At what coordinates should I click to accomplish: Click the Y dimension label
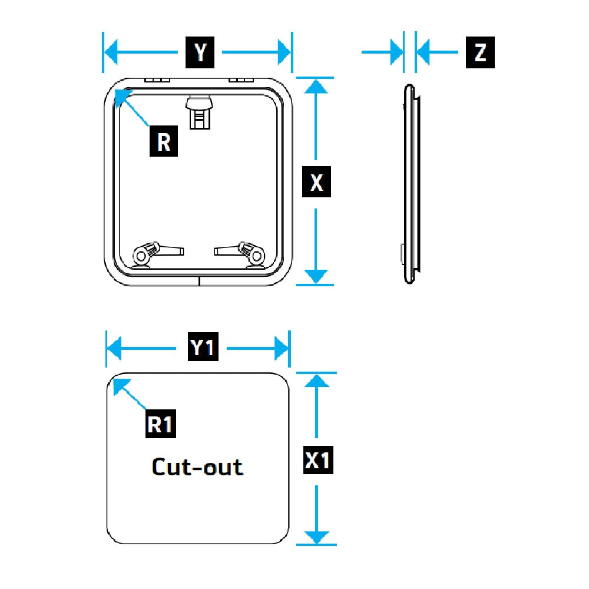200,52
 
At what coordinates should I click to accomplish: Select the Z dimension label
480,52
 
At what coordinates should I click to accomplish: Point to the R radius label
163,141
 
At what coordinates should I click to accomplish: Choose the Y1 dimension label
203,348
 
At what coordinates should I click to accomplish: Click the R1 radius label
161,423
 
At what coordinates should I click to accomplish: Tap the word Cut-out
197,467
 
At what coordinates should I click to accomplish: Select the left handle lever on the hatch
156,252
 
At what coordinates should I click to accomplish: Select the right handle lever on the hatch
241,252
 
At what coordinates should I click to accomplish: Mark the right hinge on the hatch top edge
240,80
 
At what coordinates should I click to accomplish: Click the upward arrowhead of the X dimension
317,87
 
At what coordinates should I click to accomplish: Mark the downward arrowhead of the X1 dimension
317,537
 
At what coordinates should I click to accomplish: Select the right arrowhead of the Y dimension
283,53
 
